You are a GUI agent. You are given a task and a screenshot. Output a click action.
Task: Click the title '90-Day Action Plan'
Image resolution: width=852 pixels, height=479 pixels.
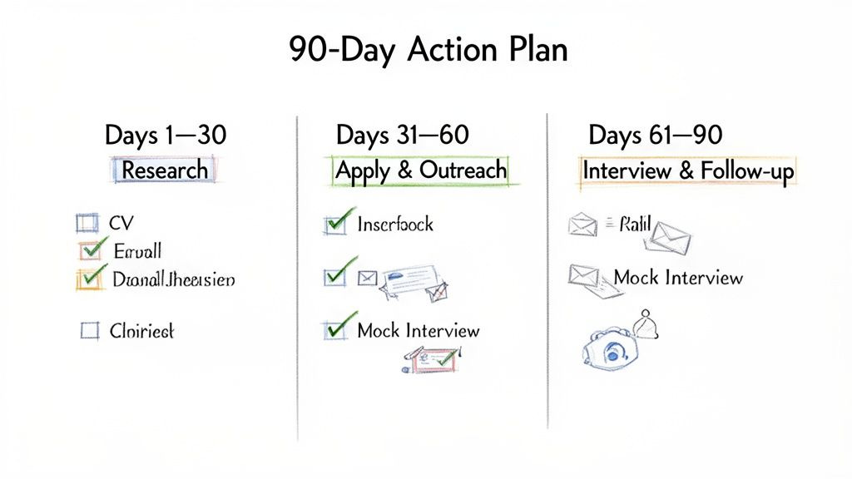point(428,50)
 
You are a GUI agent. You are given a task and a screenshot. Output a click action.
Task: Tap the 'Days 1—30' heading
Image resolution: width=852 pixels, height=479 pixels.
point(165,134)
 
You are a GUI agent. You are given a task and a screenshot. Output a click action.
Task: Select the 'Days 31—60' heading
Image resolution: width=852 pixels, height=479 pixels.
point(402,134)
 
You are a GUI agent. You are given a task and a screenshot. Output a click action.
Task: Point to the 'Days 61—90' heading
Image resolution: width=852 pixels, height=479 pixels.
point(655,134)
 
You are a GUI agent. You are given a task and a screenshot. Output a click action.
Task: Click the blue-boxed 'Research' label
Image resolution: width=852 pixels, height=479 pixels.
point(165,170)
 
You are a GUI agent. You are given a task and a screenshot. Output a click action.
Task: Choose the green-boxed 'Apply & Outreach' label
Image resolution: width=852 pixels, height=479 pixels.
point(420,170)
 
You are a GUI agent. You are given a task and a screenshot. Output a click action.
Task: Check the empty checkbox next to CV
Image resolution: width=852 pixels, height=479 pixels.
point(87,223)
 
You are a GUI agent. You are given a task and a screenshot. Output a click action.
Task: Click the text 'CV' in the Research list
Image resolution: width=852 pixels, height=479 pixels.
point(121,223)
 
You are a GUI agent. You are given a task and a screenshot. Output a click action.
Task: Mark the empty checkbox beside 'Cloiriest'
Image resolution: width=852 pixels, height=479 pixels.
point(89,331)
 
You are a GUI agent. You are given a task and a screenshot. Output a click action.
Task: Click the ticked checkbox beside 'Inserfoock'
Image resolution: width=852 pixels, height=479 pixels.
point(335,223)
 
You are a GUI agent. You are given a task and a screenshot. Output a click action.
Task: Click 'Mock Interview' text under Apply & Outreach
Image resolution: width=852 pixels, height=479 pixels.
point(419,330)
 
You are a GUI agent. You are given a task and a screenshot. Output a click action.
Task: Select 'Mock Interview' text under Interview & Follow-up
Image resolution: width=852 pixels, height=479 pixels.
point(677,277)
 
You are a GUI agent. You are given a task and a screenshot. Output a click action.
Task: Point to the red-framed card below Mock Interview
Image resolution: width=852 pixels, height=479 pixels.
point(427,358)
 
